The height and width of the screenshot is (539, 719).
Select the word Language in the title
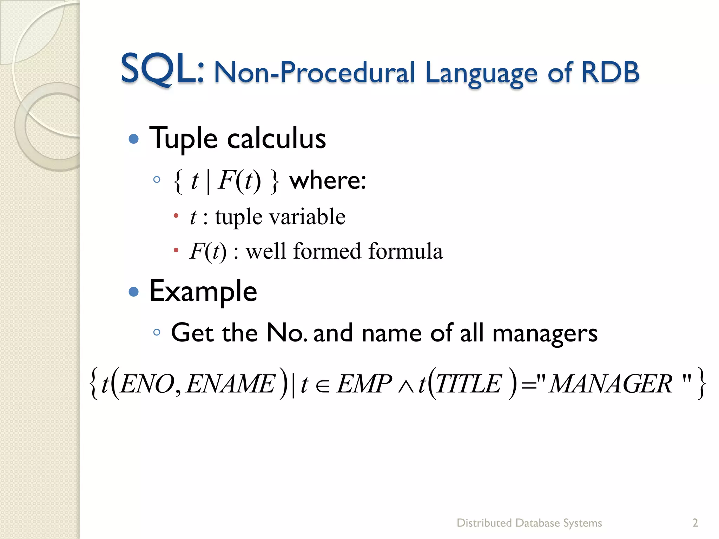coord(481,73)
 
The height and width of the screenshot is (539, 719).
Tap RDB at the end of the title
coord(610,72)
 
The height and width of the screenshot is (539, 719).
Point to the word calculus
coord(276,139)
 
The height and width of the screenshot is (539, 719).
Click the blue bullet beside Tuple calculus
coord(134,139)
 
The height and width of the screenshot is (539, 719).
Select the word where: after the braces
coord(328,180)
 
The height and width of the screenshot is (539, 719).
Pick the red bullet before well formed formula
coord(176,250)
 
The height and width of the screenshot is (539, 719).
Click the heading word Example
coord(203,291)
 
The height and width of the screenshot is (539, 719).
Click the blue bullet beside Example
coord(134,292)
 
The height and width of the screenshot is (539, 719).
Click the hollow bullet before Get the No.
coord(157,332)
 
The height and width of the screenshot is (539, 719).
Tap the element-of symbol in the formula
coord(323,386)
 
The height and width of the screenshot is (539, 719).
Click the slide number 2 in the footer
coord(695,523)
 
